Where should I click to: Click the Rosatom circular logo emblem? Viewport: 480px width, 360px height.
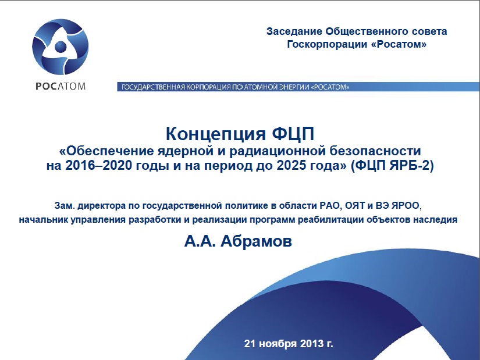(x=61, y=47)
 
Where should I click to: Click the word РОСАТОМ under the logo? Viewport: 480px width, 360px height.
(x=61, y=86)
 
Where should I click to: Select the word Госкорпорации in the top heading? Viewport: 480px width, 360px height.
(x=327, y=44)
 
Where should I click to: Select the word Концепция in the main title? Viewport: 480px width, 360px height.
(x=215, y=134)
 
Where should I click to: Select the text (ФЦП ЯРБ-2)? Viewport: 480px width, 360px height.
(x=392, y=166)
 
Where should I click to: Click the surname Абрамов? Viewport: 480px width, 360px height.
(x=256, y=241)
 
